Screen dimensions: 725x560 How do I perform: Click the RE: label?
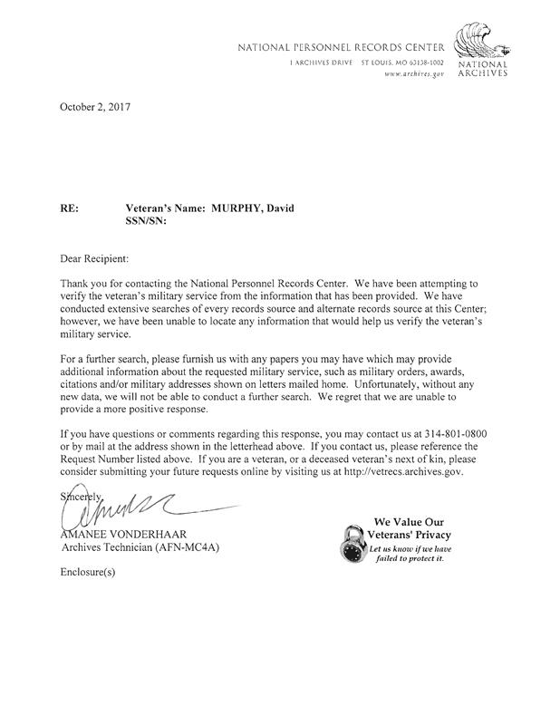(69, 209)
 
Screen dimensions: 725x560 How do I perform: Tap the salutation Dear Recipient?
(94, 259)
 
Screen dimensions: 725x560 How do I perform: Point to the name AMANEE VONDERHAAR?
(123, 535)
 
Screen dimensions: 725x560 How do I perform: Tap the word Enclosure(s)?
(88, 572)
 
